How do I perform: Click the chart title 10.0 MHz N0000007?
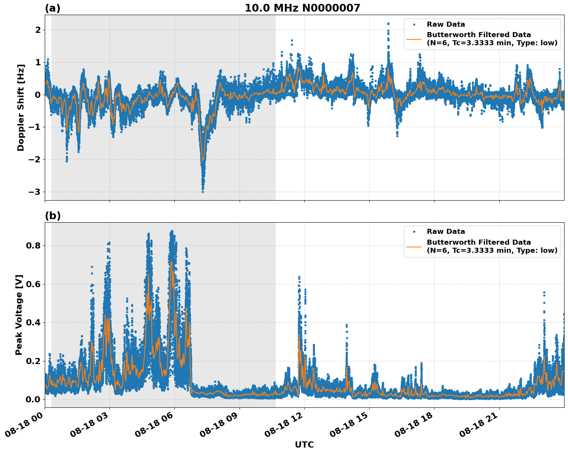302,8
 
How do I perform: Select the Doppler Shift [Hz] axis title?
21,107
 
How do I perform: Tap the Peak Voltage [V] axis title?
19,315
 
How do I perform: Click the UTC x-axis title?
304,445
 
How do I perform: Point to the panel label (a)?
52,8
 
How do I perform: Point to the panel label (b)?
52,216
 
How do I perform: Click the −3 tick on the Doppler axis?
34,192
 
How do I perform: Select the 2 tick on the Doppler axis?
38,30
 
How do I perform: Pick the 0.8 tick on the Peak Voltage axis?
33,246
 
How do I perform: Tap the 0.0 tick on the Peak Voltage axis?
33,399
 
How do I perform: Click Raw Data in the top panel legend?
446,24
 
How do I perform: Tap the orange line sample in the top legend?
414,39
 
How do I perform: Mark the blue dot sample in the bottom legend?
414,232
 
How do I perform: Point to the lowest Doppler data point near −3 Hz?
203,192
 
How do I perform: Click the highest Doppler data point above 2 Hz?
388,24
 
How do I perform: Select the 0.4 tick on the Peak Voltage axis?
33,322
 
